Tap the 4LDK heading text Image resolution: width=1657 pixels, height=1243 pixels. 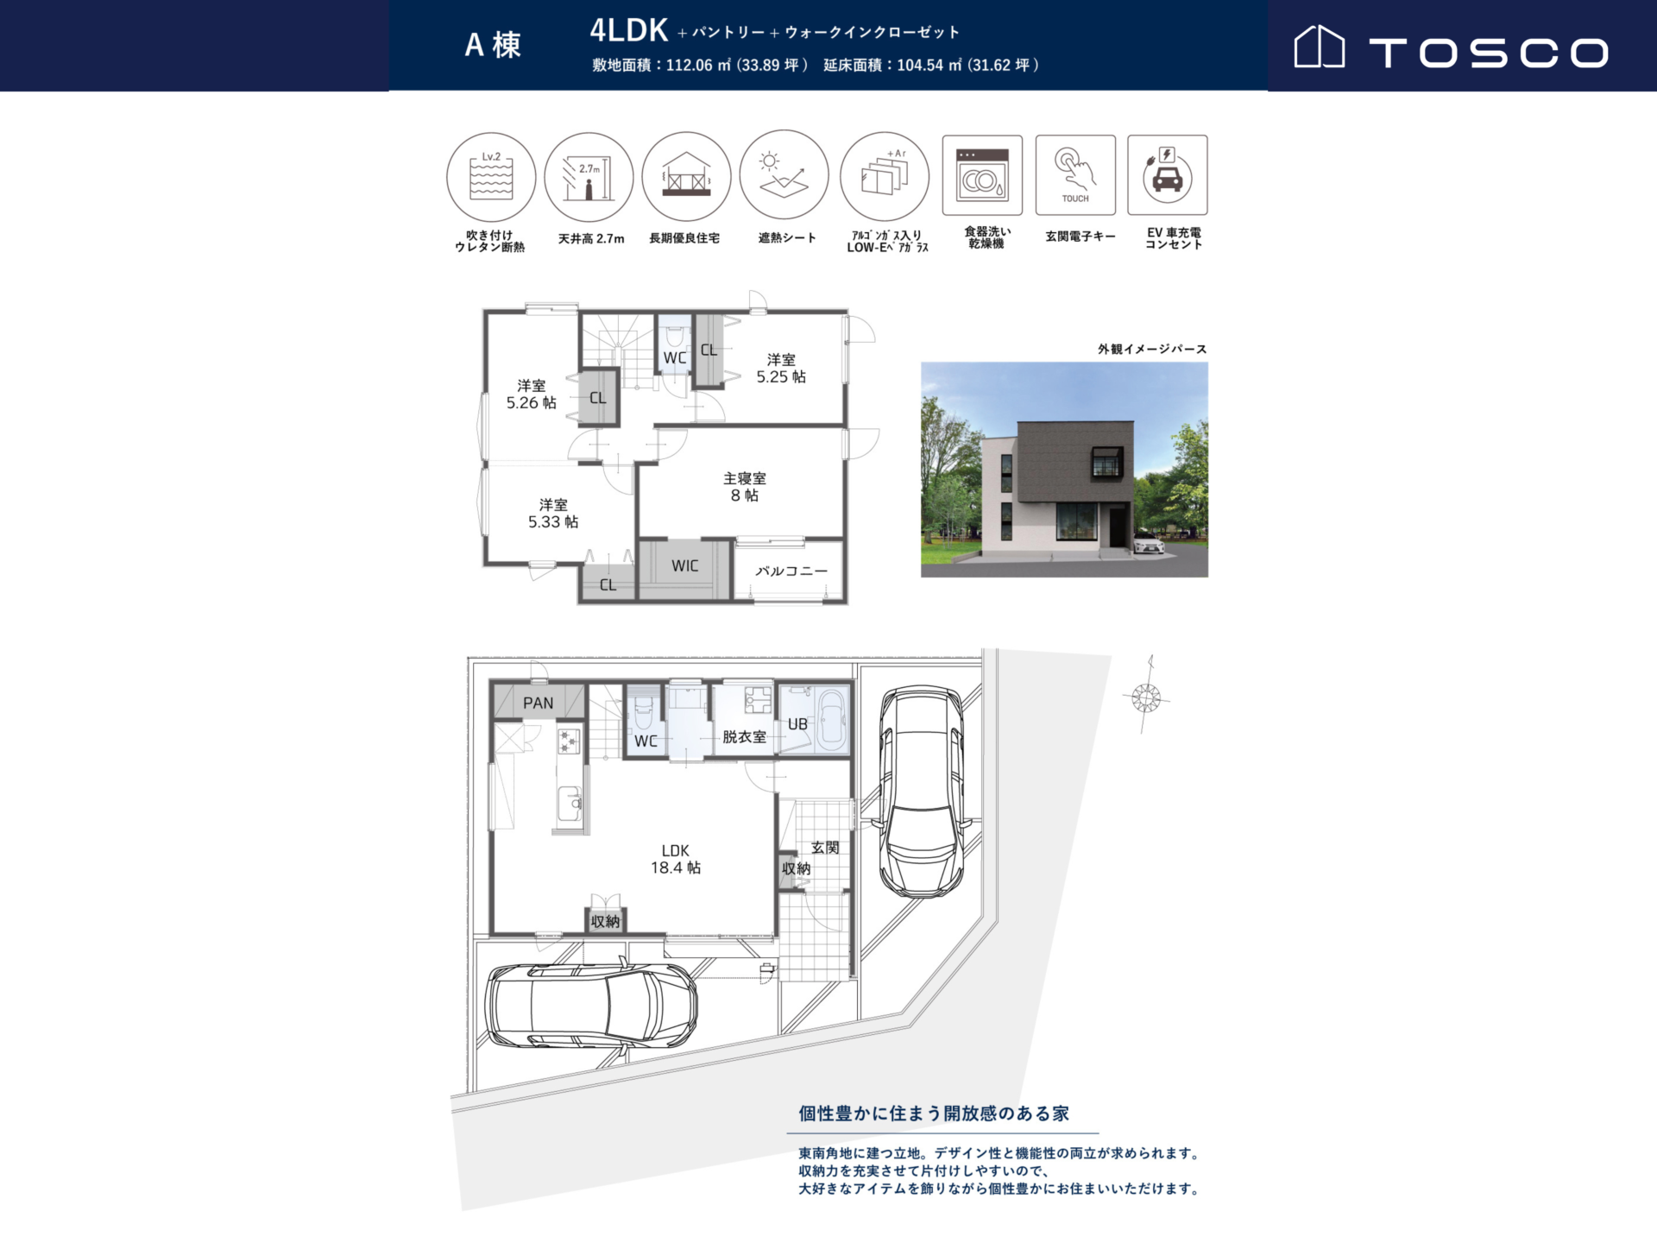click(x=629, y=30)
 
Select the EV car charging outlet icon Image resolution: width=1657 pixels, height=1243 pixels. click(x=1168, y=174)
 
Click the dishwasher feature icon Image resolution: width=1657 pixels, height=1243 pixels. click(x=982, y=174)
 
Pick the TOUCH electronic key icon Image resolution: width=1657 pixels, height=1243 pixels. click(x=1075, y=174)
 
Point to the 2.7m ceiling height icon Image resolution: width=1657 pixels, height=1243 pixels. click(x=589, y=177)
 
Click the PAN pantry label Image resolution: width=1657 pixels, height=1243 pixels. click(x=539, y=704)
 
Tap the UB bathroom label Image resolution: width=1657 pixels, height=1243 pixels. click(x=798, y=724)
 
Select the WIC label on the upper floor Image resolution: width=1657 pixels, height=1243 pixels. click(x=685, y=566)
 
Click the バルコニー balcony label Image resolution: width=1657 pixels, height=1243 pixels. click(x=791, y=571)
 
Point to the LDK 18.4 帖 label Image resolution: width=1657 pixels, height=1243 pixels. click(x=676, y=860)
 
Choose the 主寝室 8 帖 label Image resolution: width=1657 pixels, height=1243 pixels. click(x=745, y=487)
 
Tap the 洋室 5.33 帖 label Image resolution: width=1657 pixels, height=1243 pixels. click(x=553, y=514)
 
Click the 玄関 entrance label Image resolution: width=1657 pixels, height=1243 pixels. click(x=825, y=848)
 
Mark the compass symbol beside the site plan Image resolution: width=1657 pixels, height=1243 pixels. click(x=1146, y=696)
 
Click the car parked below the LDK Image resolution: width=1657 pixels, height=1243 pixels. click(x=592, y=1005)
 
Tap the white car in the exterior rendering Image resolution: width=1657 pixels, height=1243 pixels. click(x=1149, y=545)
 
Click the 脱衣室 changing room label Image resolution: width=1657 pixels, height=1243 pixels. click(x=744, y=737)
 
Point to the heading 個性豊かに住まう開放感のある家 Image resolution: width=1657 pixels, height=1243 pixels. click(x=934, y=1114)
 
